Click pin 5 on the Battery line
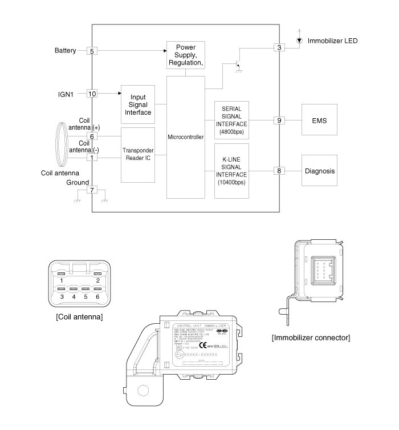(x=92, y=51)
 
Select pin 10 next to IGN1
(x=92, y=93)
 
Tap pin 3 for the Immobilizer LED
(x=278, y=47)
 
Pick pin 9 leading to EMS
(x=278, y=120)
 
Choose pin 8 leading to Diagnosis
(x=278, y=171)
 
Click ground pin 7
(x=92, y=190)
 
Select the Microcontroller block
(x=186, y=137)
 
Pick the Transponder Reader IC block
(x=137, y=155)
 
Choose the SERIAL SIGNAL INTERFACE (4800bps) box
(x=231, y=120)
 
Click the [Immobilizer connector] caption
(x=311, y=337)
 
